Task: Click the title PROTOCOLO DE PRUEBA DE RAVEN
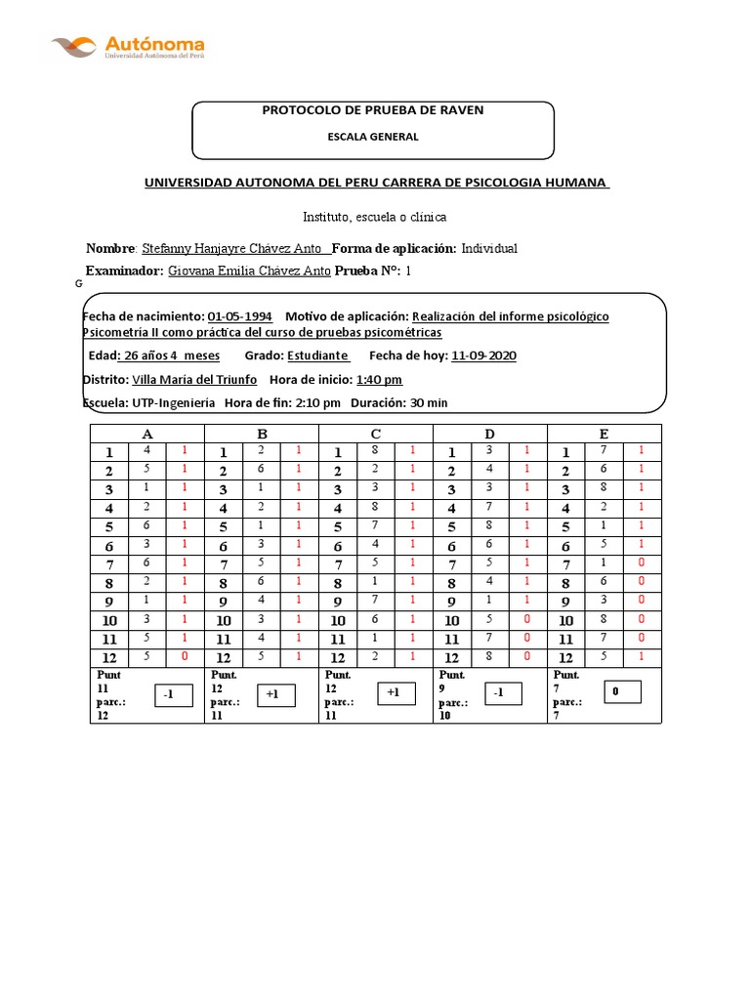point(372,110)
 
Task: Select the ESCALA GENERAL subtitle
point(372,137)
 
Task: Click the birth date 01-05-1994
point(240,316)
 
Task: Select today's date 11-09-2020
point(483,355)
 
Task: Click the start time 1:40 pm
point(379,379)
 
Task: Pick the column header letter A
point(146,434)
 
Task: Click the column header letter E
point(604,434)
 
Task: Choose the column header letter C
point(375,434)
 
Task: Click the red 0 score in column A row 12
point(184,656)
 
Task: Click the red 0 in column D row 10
point(526,619)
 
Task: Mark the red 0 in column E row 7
point(641,563)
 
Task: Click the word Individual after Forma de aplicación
point(489,248)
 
